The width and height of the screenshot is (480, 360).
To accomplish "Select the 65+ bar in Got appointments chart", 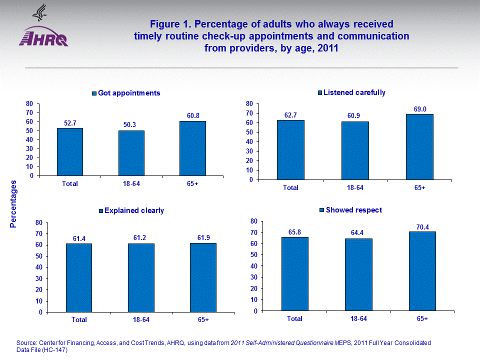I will tap(192, 148).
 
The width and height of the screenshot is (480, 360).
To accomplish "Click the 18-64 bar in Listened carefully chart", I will tap(355, 150).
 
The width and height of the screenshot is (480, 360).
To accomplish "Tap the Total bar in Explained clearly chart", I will tap(78, 277).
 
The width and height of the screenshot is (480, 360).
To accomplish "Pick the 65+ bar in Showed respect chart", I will tap(422, 270).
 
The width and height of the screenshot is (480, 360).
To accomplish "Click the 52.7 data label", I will tap(70, 122).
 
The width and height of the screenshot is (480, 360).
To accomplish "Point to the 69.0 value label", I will tap(419, 108).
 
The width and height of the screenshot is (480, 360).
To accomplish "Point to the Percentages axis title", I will tap(13, 205).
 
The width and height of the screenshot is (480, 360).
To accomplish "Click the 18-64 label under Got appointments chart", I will tap(131, 183).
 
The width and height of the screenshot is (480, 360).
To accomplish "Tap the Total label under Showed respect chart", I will tap(294, 318).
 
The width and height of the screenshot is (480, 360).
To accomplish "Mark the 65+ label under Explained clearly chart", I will tap(202, 319).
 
